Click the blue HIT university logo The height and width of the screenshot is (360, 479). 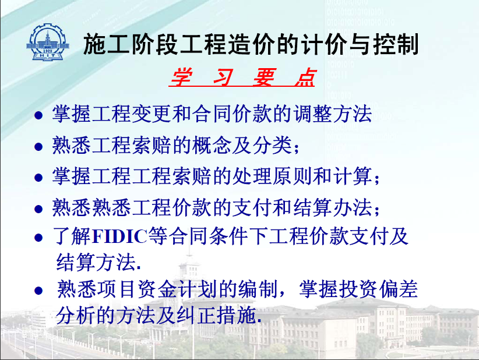point(48,42)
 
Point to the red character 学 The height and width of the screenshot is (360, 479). point(182,77)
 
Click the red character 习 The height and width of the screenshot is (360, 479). point(223,77)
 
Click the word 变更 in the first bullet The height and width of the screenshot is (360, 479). point(152,114)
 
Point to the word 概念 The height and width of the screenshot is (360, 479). point(212,145)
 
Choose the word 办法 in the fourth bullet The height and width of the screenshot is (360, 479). point(353,207)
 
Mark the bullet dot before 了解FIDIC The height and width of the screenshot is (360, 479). point(38,238)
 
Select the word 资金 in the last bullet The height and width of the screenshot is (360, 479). point(158,289)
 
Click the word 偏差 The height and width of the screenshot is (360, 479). point(399,289)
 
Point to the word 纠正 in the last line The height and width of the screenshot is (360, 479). point(196,315)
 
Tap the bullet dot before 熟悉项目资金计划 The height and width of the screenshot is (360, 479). point(38,290)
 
